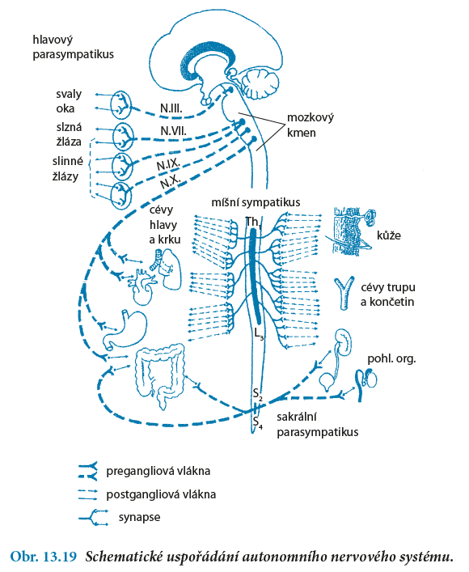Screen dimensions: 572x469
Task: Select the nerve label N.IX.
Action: pos(167,165)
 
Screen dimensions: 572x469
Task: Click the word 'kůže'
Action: pos(389,235)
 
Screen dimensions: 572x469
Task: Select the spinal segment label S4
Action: pos(257,422)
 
